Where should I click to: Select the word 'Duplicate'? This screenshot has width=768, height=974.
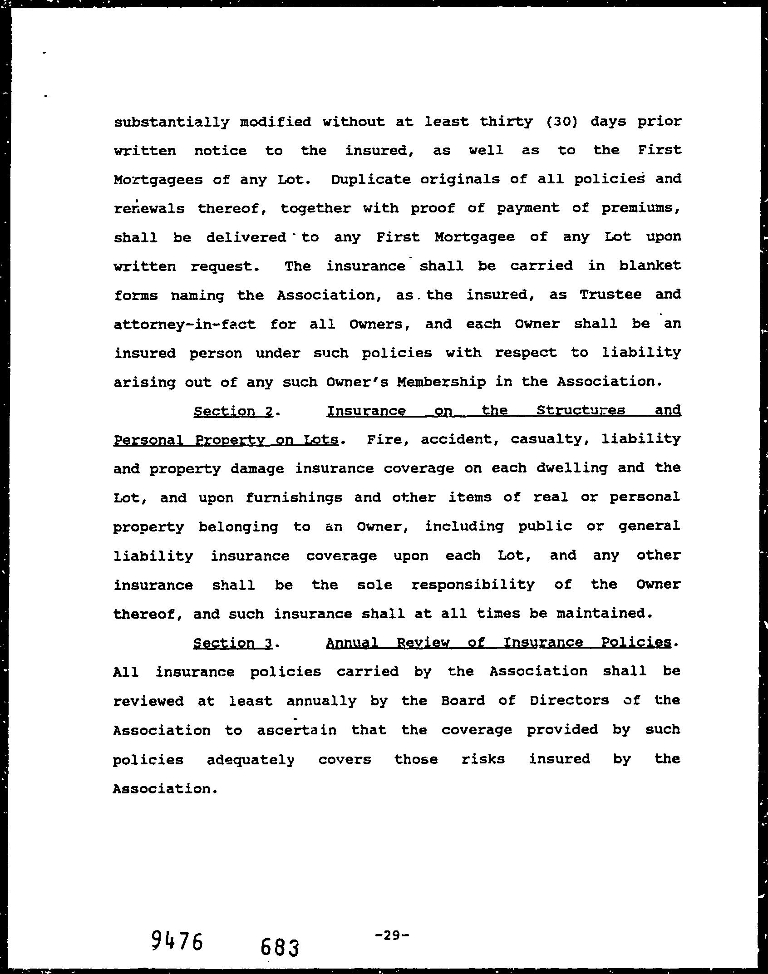(x=370, y=180)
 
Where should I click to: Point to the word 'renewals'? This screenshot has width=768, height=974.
(x=149, y=209)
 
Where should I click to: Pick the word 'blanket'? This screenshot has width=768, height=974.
(x=650, y=266)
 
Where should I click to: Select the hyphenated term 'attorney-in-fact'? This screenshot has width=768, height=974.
(x=184, y=325)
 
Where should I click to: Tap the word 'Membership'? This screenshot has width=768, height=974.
(x=441, y=382)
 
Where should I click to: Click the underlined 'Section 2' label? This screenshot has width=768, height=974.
(x=233, y=411)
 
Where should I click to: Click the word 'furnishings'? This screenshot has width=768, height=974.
(x=294, y=498)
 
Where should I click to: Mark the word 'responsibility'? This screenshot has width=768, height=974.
(x=473, y=585)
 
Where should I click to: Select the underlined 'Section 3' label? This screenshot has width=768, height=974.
(x=233, y=643)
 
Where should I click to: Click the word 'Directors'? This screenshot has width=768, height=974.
(x=569, y=701)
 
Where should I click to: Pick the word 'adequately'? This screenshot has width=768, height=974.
(x=251, y=759)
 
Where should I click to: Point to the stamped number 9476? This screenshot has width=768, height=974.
(x=177, y=940)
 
